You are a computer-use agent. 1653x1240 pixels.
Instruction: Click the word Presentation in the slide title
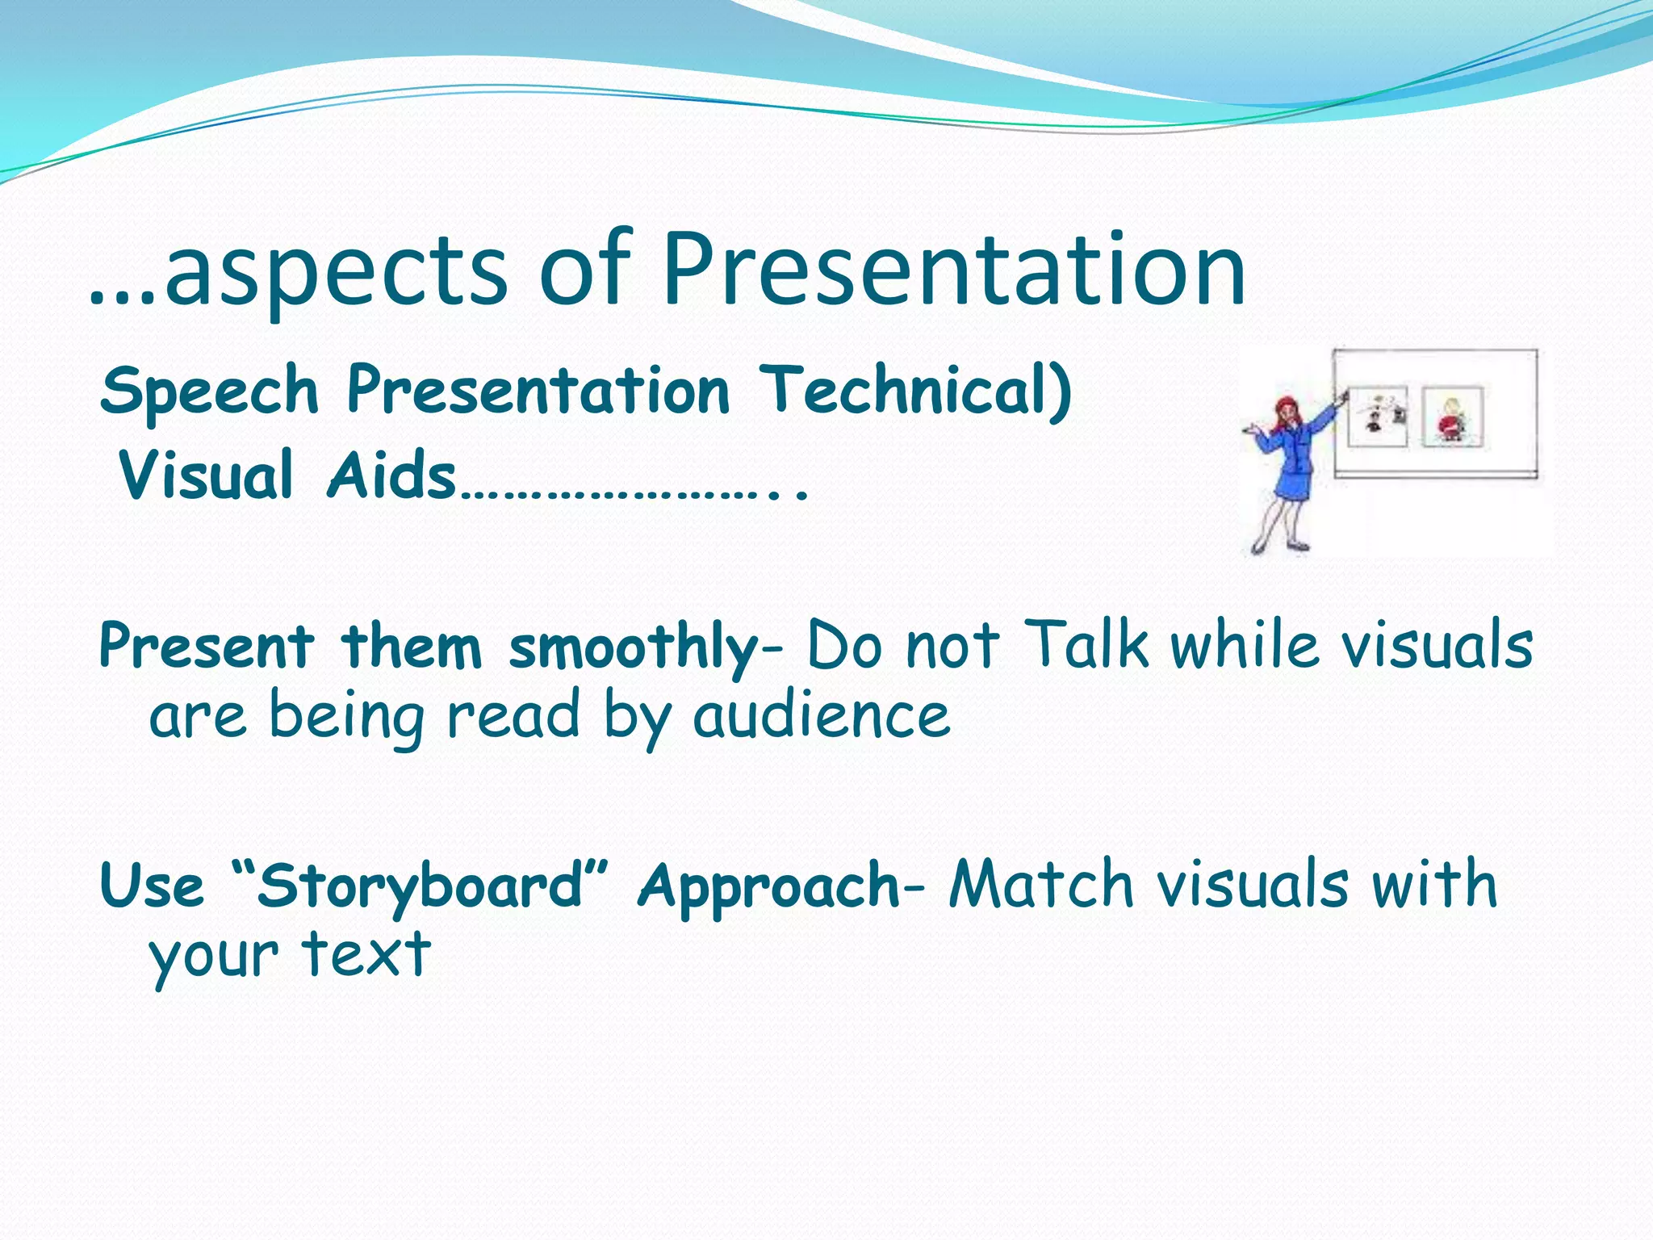[954, 270]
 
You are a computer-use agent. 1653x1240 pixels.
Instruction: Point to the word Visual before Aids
[206, 476]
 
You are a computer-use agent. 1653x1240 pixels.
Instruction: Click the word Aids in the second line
[391, 476]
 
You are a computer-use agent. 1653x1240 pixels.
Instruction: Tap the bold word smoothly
[634, 648]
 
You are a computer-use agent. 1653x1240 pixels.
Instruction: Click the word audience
[821, 717]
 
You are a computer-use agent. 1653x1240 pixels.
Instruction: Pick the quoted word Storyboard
[420, 886]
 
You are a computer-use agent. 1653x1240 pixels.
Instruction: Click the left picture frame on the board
[1377, 417]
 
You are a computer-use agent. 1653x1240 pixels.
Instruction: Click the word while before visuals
[1247, 646]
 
